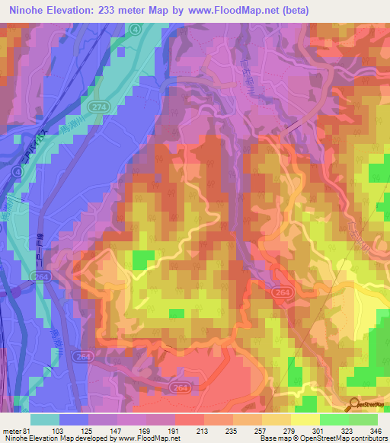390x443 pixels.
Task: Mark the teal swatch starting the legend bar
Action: coord(45,419)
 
